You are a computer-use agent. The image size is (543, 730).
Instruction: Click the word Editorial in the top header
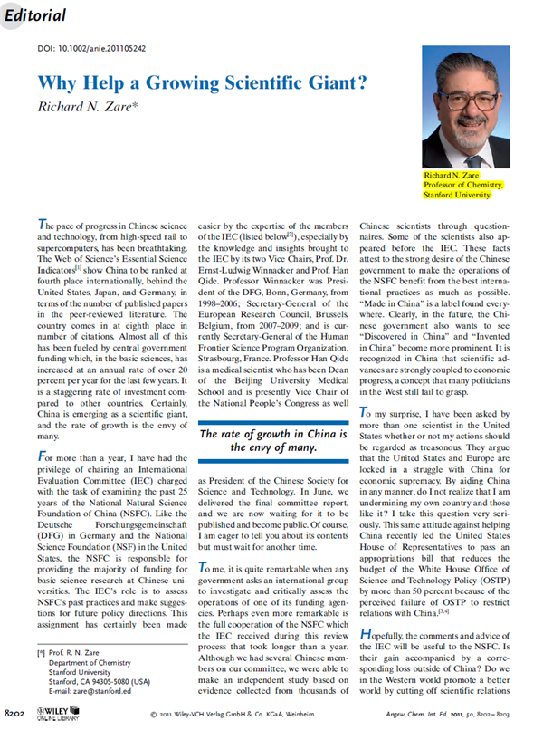pyautogui.click(x=39, y=16)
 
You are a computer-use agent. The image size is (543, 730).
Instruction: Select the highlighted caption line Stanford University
pyautogui.click(x=462, y=193)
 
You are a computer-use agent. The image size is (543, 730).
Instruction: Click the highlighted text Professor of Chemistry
pyautogui.click(x=463, y=183)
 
